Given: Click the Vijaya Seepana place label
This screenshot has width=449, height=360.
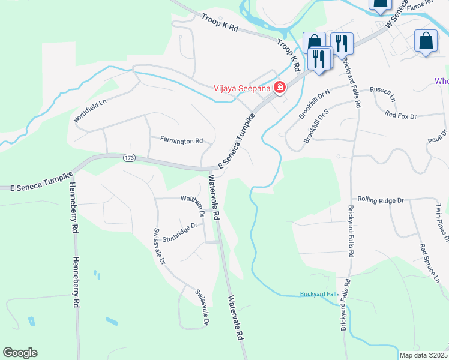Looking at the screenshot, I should click(243, 88).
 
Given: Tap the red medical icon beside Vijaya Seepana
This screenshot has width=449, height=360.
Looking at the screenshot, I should click(279, 88).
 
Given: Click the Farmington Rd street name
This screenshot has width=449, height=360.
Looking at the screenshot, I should click(181, 140).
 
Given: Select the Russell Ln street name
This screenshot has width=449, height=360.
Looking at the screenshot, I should click(383, 94).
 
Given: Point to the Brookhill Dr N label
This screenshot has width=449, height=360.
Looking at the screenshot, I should click(315, 100).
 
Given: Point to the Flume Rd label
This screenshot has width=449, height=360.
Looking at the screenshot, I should click(419, 5).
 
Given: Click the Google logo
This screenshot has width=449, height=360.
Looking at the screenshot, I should click(20, 353).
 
